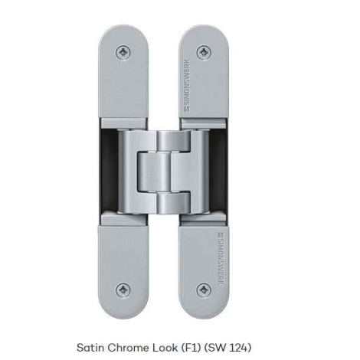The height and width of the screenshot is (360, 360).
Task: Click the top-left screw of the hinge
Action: (123, 53)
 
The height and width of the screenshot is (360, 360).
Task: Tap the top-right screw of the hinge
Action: (204, 53)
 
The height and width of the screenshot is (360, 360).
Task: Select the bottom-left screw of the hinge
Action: (123, 290)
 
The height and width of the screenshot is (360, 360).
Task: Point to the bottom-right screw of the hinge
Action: (204, 290)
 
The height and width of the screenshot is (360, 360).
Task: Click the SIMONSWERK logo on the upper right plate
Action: (187, 86)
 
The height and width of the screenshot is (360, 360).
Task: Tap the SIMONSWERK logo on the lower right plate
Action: (221, 259)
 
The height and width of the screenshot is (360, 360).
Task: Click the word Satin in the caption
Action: (90, 348)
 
